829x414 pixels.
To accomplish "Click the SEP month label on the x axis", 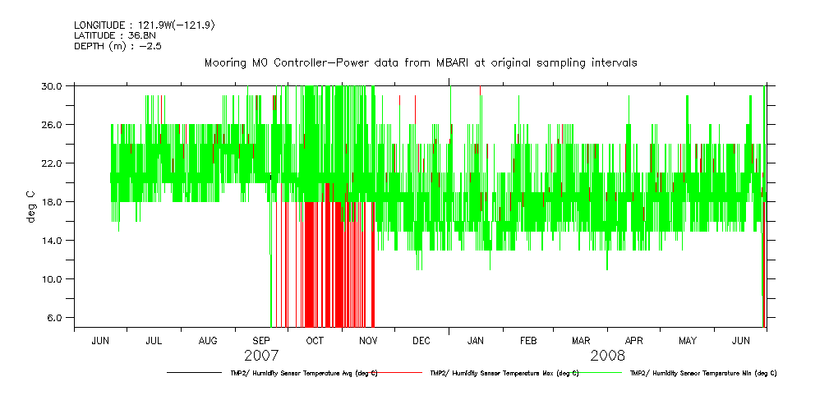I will tap(261, 340).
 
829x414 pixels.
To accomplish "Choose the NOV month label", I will tap(368, 340).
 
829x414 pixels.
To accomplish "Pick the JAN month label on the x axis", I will tap(475, 340).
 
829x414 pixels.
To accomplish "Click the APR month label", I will tap(634, 340).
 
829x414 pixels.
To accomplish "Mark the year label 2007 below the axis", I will tap(261, 356).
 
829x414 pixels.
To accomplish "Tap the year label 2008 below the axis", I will tap(607, 356).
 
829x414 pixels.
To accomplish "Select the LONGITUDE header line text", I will tap(145, 25).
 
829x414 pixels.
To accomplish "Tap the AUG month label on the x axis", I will tap(208, 340).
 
